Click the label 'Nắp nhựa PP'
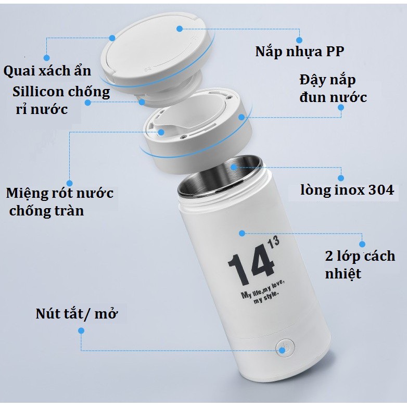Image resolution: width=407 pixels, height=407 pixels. [299, 53]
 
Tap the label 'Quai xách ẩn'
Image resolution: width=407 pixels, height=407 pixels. [47, 71]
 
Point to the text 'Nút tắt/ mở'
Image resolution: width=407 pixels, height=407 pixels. [81, 314]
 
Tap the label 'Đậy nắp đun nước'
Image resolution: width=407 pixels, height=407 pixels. [333, 89]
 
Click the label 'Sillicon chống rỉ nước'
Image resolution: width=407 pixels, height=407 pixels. [61, 101]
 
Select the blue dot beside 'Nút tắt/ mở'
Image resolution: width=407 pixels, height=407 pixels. [81, 330]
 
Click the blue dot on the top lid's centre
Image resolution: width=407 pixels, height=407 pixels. [180, 29]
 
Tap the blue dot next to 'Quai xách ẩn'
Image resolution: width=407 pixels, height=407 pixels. [46, 57]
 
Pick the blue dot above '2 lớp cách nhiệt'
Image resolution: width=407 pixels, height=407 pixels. [362, 243]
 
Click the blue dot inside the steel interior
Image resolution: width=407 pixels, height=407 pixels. [234, 167]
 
